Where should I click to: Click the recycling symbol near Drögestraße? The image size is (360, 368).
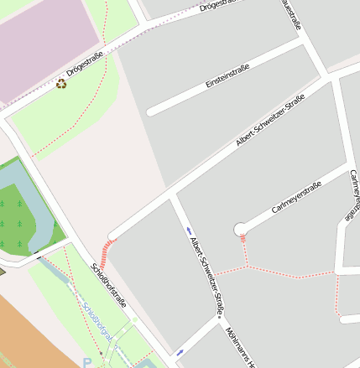61,84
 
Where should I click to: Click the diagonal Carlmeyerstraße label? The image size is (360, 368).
297,198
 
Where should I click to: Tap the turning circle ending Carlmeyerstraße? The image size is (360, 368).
240,229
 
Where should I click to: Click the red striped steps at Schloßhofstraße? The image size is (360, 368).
107,247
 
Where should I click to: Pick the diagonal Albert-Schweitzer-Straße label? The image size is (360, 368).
270,122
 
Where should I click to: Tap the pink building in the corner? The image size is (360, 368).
46,42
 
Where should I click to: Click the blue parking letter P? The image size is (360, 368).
87,363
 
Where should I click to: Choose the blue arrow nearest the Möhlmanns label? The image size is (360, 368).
180,352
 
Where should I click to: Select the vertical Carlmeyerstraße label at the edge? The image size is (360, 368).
353,192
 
